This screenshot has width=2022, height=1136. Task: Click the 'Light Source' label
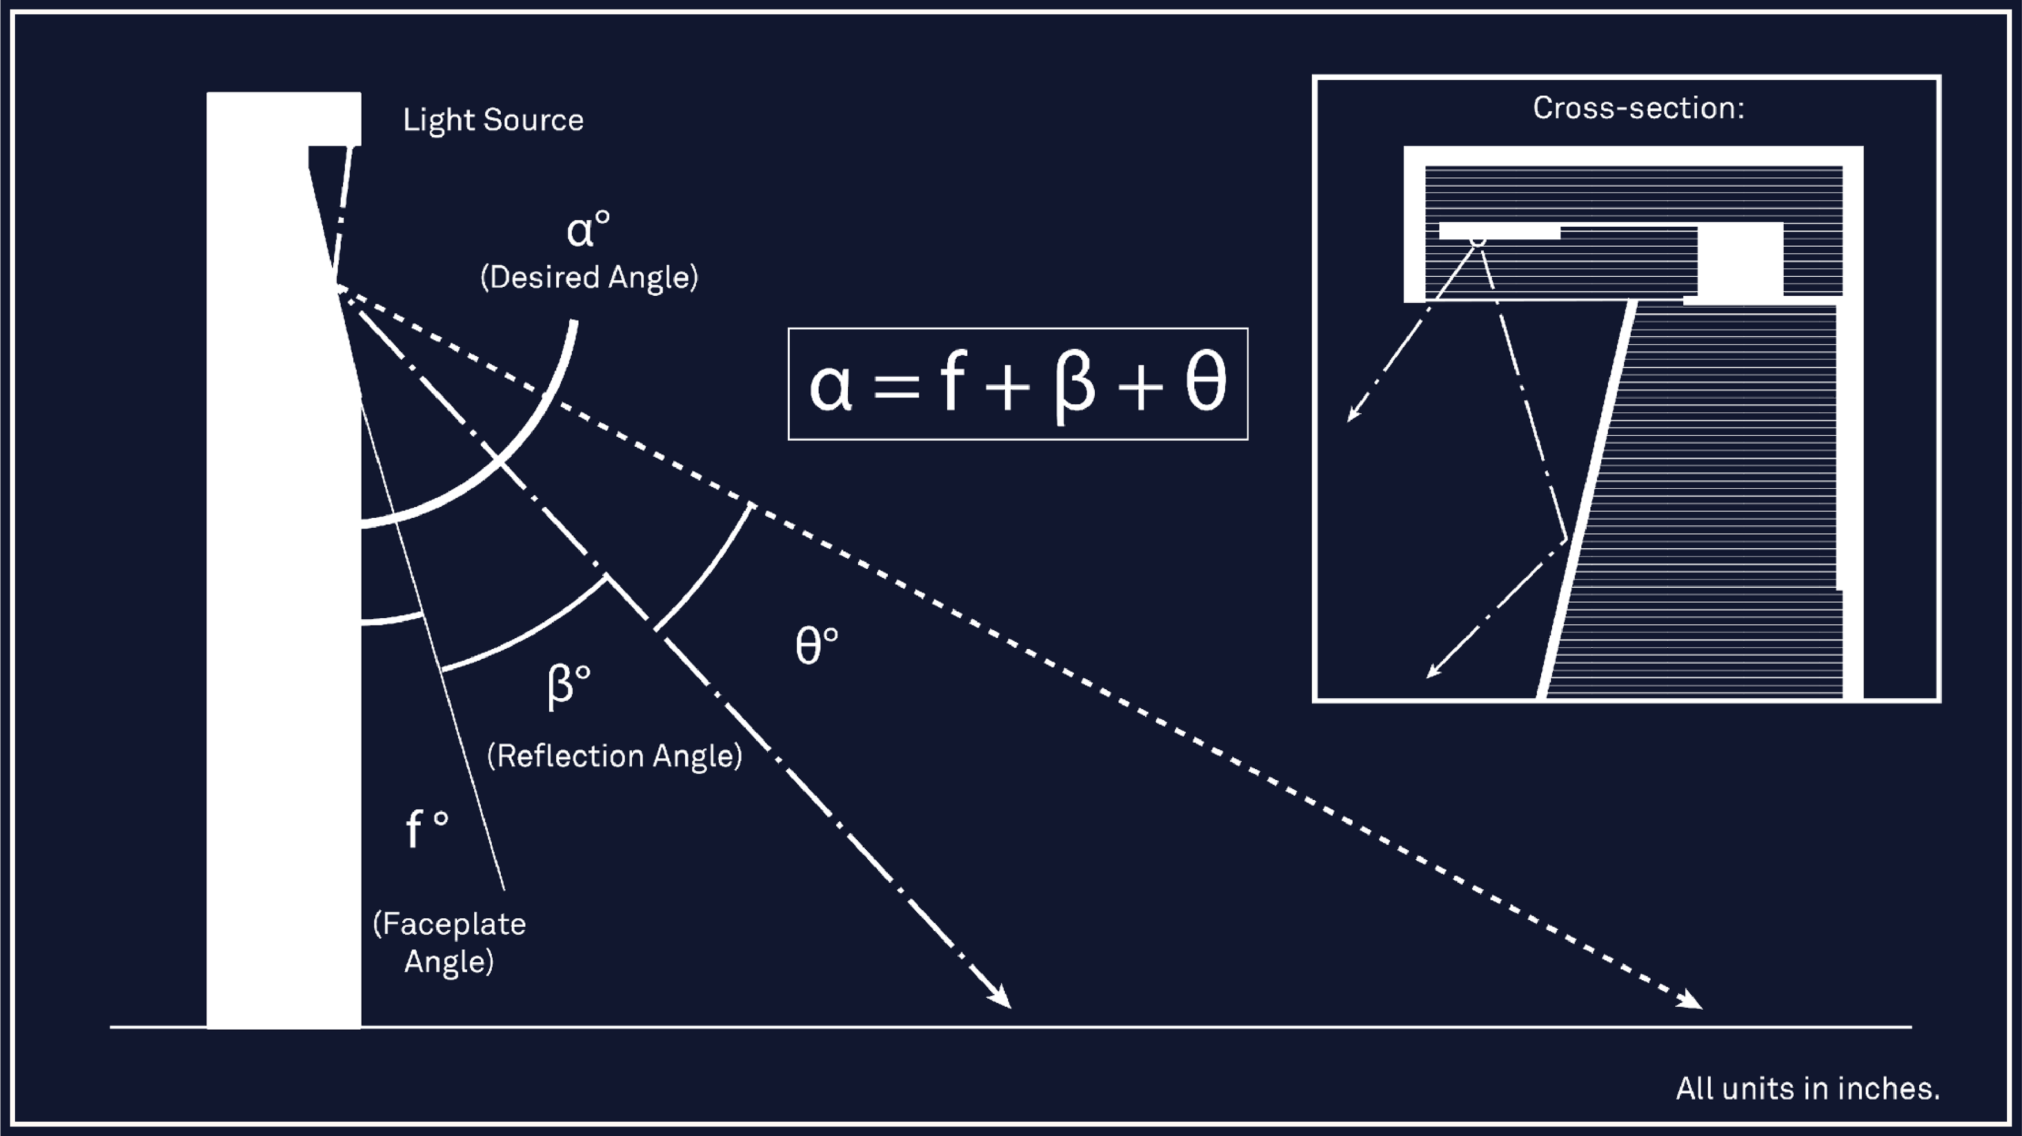pos(493,120)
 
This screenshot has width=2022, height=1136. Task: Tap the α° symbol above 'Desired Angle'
pos(587,230)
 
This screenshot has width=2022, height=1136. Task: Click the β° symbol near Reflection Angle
pos(568,685)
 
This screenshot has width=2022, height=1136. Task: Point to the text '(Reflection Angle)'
pos(614,756)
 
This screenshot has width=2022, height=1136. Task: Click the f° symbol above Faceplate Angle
pos(426,829)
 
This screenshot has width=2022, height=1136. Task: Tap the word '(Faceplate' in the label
pos(449,924)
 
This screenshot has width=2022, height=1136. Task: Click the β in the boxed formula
pos(1075,385)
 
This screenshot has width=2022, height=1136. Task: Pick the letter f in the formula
pos(952,381)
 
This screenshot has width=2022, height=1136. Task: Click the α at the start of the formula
pos(830,386)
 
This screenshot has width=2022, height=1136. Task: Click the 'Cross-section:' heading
pos(1638,108)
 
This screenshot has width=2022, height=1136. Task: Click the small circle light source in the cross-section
pos(1477,239)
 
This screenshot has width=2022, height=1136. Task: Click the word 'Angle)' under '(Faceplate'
pos(449,962)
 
